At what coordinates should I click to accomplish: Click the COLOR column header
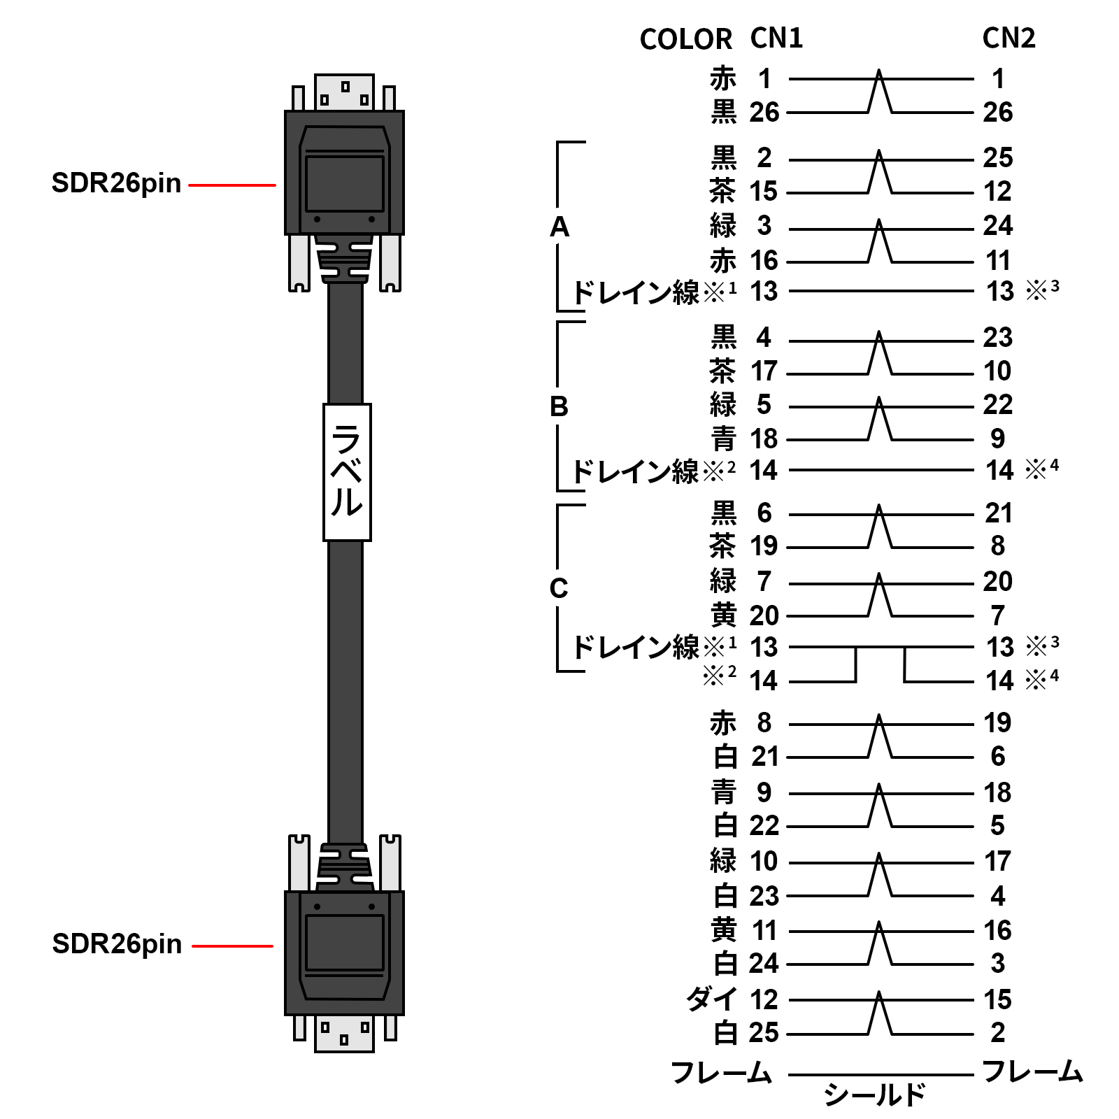pos(685,40)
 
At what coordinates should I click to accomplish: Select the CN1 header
pos(776,38)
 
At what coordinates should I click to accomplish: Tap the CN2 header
pos(1008,38)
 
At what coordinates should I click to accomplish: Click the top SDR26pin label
pos(116,183)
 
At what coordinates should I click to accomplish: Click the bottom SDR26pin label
pos(117,944)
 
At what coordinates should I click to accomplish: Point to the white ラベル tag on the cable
pos(347,472)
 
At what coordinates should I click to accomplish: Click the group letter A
pos(559,227)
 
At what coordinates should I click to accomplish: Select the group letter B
pos(559,406)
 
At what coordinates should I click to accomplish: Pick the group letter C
pos(558,588)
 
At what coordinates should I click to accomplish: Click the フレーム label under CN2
pos(1032,1071)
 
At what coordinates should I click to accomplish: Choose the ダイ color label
pos(711,999)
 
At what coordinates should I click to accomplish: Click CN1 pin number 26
pos(764,112)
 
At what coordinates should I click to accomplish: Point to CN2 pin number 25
pos(997,158)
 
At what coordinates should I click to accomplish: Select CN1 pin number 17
pos(764,371)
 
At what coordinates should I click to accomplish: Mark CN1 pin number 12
pos(764,1000)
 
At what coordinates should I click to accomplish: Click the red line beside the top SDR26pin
pos(232,185)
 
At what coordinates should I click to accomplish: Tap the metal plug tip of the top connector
pos(344,92)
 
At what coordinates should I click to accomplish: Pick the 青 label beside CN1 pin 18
pos(723,439)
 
